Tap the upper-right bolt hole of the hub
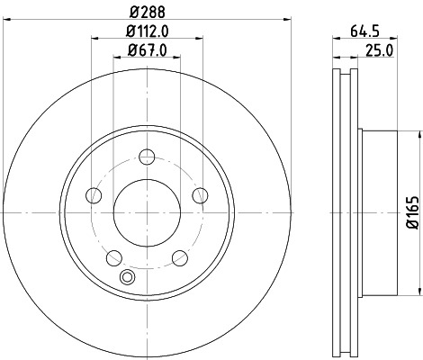coord(201,193)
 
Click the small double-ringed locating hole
coord(127,276)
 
